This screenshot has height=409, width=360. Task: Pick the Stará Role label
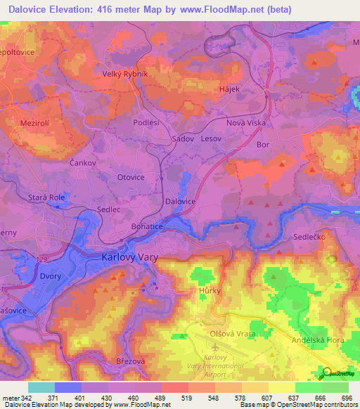coord(47,198)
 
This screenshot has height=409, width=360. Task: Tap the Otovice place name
coord(130,177)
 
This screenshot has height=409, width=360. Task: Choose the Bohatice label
coord(147,226)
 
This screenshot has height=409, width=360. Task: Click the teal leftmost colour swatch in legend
coord(41,387)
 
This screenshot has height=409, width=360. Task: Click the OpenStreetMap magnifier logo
coord(328,372)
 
